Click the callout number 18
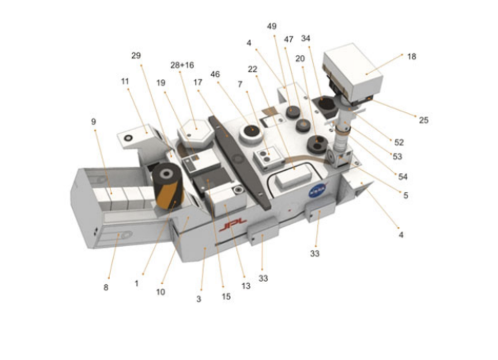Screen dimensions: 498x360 (412, 56)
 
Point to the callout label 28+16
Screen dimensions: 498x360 (182, 65)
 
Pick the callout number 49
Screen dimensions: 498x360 (271, 26)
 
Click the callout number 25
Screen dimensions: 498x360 (424, 120)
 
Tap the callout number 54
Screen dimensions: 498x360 (402, 176)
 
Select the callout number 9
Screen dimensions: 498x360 (94, 122)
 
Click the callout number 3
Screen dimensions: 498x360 (199, 299)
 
